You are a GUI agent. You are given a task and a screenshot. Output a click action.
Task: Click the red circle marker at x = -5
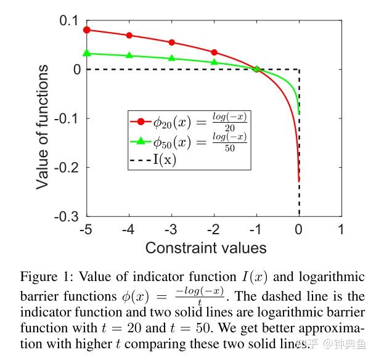pos(87,30)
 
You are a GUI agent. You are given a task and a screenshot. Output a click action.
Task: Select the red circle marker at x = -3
pos(171,43)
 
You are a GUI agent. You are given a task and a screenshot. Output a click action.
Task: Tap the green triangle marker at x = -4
pos(129,55)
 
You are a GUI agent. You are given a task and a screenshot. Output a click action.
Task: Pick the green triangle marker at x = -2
pos(214,62)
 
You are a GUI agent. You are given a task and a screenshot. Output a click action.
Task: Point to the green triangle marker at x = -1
pos(256,69)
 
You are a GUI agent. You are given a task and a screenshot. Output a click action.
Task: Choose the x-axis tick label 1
pos(341,229)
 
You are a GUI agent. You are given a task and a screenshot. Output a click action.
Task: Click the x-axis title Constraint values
pos(206,248)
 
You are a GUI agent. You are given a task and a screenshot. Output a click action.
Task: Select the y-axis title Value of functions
pos(42,118)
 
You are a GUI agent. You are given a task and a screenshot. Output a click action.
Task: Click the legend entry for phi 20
pos(189,120)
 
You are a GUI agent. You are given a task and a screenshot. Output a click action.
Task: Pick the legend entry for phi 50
pos(189,142)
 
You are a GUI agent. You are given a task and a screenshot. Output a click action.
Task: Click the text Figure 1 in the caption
pos(44,276)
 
